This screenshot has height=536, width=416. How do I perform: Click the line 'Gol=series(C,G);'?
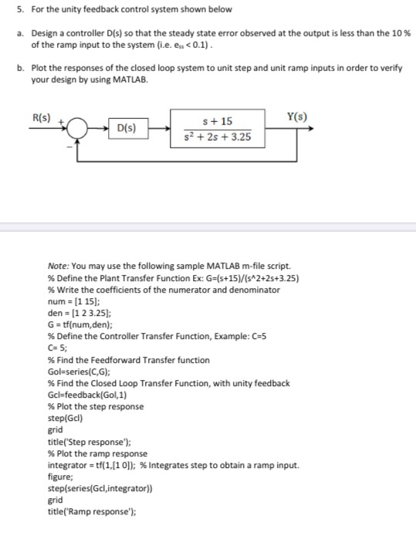click(83, 371)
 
